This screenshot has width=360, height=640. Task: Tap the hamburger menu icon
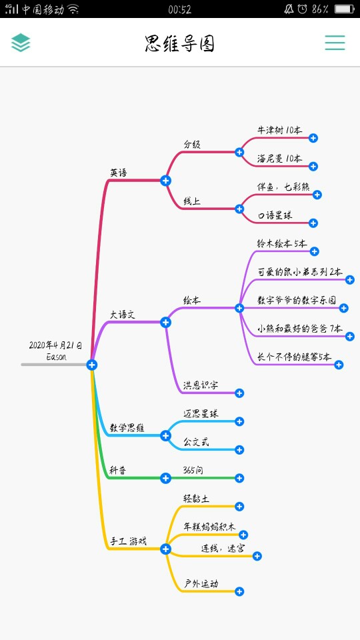coord(335,43)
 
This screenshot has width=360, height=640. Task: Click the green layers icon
coord(21,43)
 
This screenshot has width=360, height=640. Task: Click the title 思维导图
coord(180,44)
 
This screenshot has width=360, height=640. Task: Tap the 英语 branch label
coord(119,173)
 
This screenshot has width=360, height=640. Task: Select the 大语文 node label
coord(123,315)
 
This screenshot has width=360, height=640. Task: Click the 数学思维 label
coord(127,428)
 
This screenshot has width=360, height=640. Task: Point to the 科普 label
coord(118,470)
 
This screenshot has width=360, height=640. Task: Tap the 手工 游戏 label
coord(128,541)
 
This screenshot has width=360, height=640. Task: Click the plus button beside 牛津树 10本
coord(313,138)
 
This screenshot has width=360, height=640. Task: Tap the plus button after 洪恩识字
coord(239,393)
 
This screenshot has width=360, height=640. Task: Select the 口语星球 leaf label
coord(275,215)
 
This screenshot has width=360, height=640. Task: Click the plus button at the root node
coord(92,365)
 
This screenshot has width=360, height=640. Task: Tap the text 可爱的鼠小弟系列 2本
coord(300,272)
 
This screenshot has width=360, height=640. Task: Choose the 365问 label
coord(193,470)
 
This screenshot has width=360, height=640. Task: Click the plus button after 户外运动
coord(239,591)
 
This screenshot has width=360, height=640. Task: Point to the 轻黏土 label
coord(196,499)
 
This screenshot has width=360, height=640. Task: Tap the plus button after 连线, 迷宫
coord(257,556)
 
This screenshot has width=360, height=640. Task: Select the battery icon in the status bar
coord(344,9)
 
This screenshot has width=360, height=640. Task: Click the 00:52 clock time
coord(179,9)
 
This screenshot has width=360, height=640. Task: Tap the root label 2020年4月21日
coord(55,346)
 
